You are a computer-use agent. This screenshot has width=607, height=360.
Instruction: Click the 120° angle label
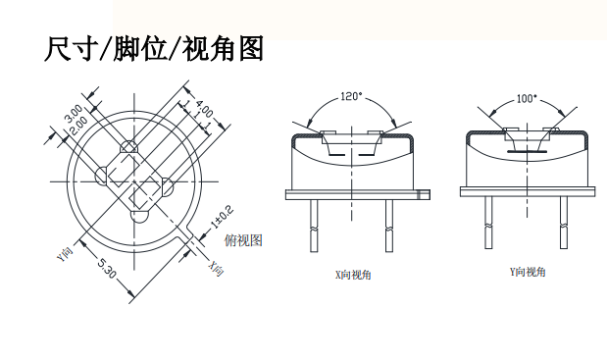[x=351, y=96]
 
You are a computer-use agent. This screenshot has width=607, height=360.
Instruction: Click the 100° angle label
[x=528, y=99]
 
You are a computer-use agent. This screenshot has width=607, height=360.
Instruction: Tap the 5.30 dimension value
[x=106, y=268]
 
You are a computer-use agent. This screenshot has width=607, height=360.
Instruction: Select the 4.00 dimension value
[x=204, y=109]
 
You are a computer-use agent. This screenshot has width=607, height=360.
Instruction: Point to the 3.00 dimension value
[x=74, y=112]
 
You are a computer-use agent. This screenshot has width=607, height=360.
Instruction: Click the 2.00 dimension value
[x=79, y=126]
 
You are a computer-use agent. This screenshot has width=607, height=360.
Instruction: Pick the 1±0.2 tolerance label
[x=223, y=217]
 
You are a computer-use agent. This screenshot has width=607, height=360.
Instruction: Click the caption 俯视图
[x=243, y=240]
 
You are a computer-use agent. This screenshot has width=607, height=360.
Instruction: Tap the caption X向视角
[x=353, y=275]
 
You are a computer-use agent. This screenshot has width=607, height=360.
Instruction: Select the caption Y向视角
[x=528, y=272]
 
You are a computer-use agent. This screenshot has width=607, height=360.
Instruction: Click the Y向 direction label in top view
[x=65, y=253]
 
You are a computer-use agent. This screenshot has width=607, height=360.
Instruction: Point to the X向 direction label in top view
[x=217, y=268]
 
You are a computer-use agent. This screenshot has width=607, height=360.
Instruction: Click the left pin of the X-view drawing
[x=314, y=226]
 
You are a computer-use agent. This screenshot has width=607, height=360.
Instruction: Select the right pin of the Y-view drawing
[x=564, y=223]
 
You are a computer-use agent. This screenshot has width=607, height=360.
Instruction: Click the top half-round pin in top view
[x=128, y=147]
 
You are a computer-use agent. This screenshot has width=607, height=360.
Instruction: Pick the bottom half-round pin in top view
[x=139, y=217]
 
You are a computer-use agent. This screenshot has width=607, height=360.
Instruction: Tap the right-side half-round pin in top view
[x=168, y=186]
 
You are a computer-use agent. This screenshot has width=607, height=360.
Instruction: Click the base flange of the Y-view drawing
[x=528, y=191]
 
